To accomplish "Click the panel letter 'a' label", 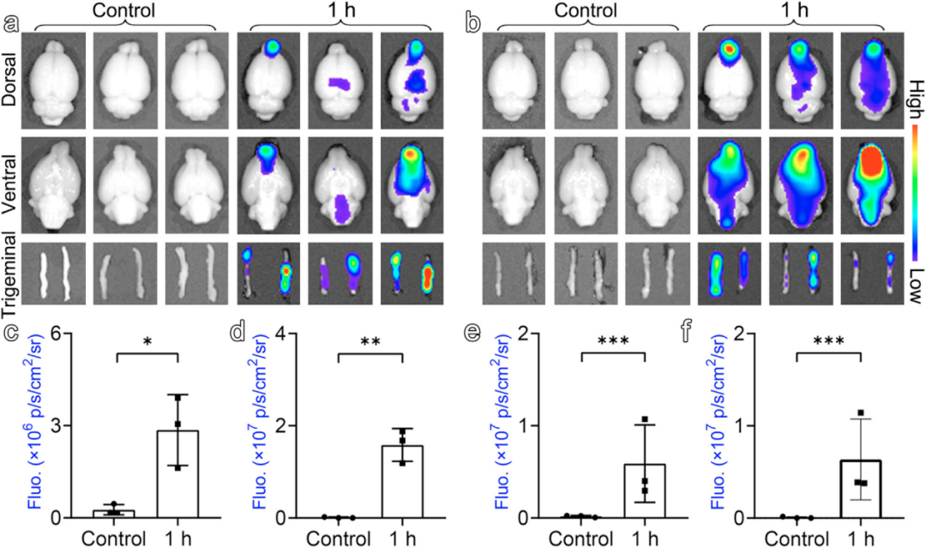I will [x=11, y=23].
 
